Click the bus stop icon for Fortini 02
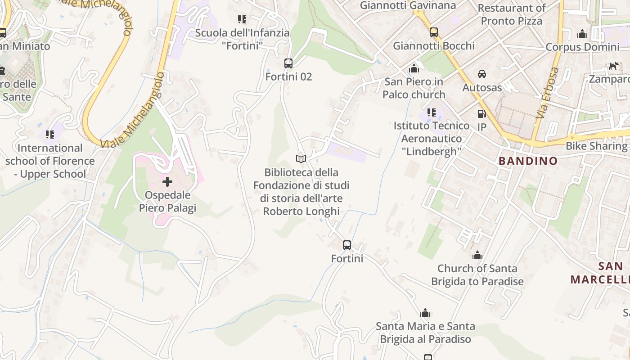(x=288, y=63)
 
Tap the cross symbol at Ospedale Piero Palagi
(x=167, y=182)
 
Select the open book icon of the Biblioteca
(x=301, y=159)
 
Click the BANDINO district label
(x=528, y=161)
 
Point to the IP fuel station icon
(x=481, y=114)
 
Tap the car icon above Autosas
(x=482, y=74)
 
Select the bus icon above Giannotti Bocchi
(x=434, y=32)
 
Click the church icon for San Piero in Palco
(x=414, y=69)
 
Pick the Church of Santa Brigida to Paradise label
(x=477, y=275)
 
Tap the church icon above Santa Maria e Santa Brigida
(x=425, y=313)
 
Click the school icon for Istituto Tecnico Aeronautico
(x=432, y=112)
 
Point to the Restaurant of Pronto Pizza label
(x=512, y=14)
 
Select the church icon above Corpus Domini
(x=583, y=34)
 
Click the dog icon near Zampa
(x=613, y=66)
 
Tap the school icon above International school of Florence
(x=50, y=135)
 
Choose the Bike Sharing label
(x=596, y=146)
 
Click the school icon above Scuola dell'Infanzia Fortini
(x=242, y=19)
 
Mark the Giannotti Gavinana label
(x=408, y=5)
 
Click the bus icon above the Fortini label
(x=347, y=245)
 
